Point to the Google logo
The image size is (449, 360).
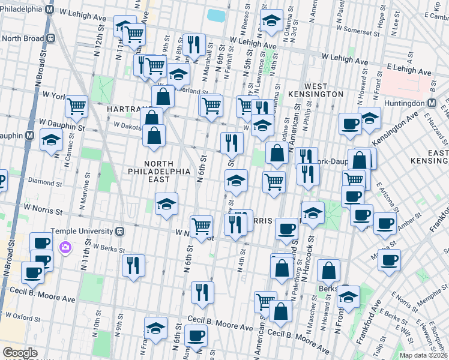coord(20,353)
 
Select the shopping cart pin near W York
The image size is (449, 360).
coord(77,106)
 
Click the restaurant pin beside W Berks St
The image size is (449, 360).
coord(133,265)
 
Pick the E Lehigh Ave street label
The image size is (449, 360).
coord(409,68)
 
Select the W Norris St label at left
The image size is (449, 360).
coord(43,211)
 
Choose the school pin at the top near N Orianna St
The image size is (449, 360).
coord(272,22)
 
